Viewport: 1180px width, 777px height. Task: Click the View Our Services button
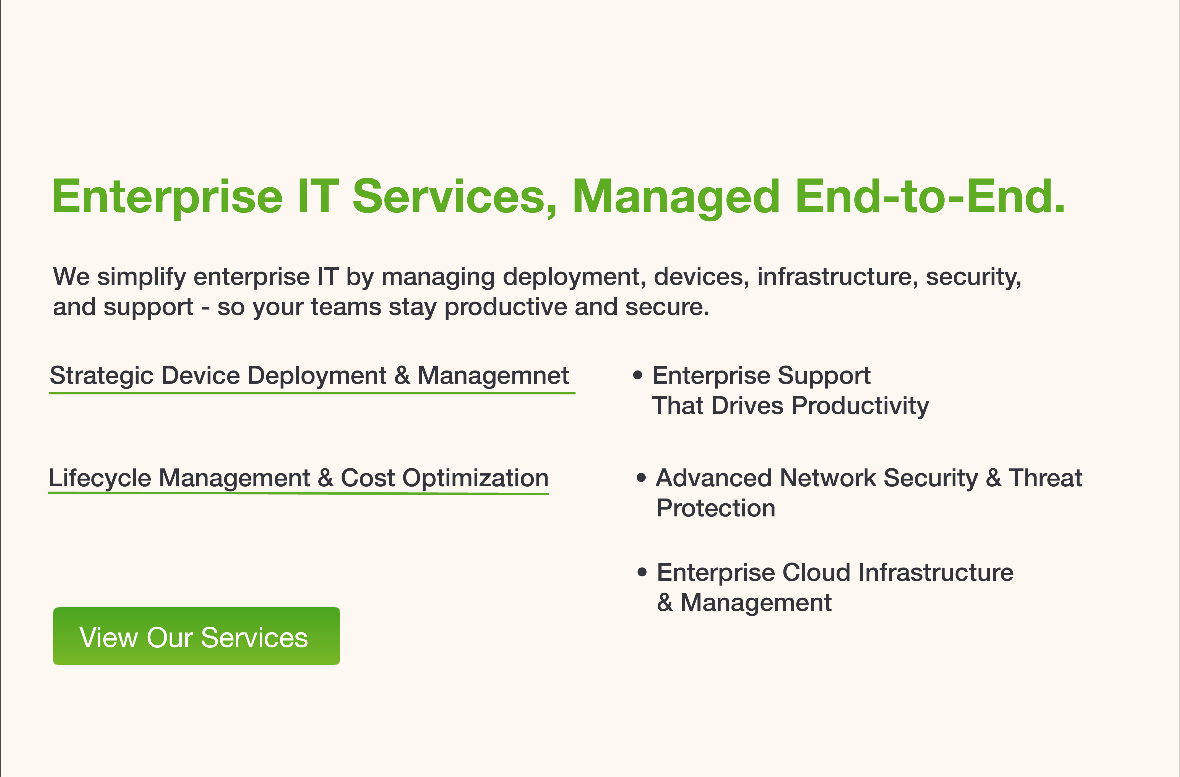pyautogui.click(x=196, y=636)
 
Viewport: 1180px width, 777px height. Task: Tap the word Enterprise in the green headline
pyautogui.click(x=167, y=197)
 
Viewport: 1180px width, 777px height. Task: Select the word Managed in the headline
pyautogui.click(x=676, y=197)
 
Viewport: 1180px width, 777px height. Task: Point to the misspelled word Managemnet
pyautogui.click(x=493, y=376)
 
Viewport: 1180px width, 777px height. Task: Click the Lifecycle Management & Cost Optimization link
pyautogui.click(x=298, y=478)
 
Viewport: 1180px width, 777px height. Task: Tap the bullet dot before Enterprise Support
pyautogui.click(x=638, y=375)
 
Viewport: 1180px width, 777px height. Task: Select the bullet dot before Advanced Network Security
pyautogui.click(x=642, y=478)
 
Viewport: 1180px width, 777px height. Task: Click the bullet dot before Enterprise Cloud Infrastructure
pyautogui.click(x=643, y=572)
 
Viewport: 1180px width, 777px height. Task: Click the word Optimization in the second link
pyautogui.click(x=475, y=479)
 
